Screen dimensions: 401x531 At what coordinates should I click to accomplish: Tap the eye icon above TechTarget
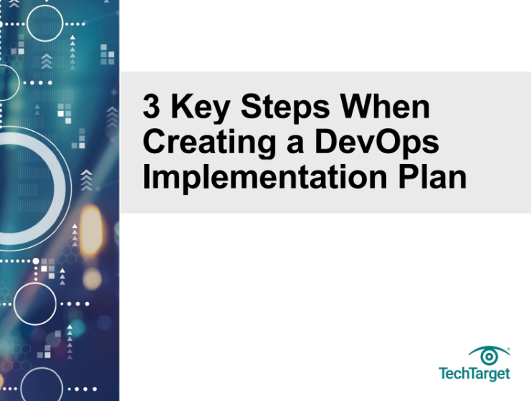489,355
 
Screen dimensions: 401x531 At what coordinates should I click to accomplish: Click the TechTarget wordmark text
474,374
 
